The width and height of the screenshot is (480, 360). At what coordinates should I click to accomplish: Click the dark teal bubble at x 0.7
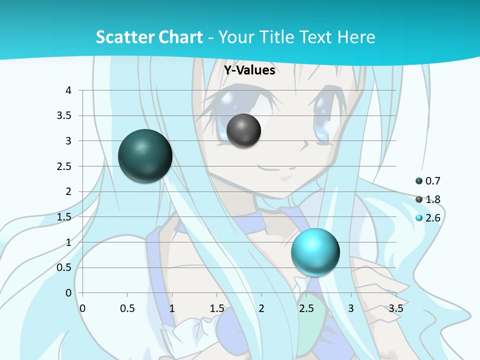145,156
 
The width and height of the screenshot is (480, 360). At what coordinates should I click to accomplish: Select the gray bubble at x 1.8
243,130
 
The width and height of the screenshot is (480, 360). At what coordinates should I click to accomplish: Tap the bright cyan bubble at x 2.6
315,252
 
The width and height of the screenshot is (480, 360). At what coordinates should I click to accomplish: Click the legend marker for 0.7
419,181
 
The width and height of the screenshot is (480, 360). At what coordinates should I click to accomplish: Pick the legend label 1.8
433,199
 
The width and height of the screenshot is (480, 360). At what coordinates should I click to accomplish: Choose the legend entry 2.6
433,218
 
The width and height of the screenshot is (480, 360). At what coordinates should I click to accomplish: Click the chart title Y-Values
249,70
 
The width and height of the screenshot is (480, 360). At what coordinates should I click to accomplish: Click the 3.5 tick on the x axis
395,308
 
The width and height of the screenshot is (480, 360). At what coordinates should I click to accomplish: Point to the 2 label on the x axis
261,308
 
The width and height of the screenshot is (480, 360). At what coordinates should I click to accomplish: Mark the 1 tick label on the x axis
172,308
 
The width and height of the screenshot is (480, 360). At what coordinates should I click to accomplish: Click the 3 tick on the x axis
351,308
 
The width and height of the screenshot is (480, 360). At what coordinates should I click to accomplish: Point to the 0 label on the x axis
82,308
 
